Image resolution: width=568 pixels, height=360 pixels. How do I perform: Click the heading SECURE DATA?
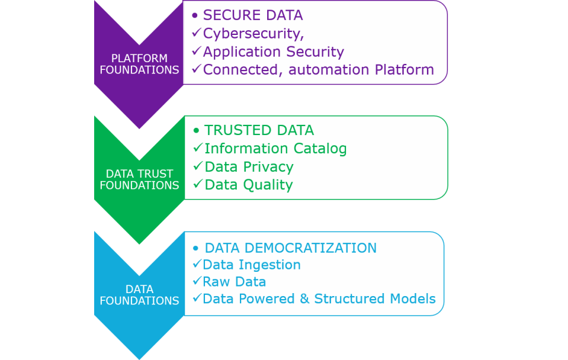(253, 15)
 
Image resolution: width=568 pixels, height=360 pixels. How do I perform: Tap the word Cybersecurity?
(252, 33)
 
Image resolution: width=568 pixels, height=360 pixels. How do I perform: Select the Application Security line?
(273, 52)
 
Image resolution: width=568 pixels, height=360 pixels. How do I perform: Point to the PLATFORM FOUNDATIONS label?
(139, 64)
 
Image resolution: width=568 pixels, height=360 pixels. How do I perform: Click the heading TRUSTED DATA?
(259, 130)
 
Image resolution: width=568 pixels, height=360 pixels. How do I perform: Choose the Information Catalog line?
(275, 148)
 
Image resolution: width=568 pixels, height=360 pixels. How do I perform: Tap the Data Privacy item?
(249, 166)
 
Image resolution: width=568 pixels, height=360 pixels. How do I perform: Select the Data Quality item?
(248, 185)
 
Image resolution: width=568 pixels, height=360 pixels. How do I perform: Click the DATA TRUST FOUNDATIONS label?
(139, 179)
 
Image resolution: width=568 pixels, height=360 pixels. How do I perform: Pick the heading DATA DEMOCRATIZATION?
(290, 247)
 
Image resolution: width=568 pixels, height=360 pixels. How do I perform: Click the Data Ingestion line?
(252, 265)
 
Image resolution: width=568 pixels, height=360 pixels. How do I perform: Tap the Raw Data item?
(234, 281)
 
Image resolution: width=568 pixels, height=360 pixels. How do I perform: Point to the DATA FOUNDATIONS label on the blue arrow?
(139, 295)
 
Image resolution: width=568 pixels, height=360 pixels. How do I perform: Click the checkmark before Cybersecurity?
(197, 33)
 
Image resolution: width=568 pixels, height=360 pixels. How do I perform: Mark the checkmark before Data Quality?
(198, 184)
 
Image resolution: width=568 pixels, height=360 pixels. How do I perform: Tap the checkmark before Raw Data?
(197, 281)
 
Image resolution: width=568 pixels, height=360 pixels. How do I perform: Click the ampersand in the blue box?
(304, 298)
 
